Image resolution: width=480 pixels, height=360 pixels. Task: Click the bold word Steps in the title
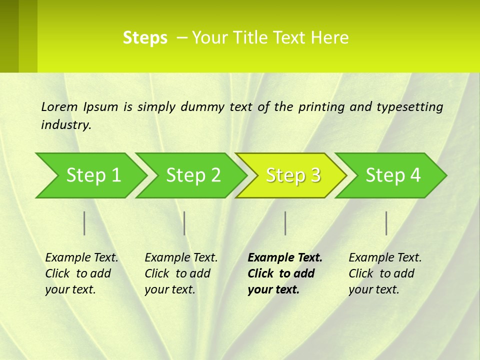click(145, 38)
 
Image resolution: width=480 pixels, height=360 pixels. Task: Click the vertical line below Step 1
click(84, 223)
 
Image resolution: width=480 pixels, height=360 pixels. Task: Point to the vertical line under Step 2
click(184, 223)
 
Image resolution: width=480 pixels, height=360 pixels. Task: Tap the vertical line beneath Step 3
click(285, 223)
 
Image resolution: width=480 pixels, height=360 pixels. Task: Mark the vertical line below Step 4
click(386, 223)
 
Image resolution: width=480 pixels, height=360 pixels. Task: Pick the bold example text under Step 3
click(284, 273)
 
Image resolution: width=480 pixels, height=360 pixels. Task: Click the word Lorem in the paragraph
click(59, 107)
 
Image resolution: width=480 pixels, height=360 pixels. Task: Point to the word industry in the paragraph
click(65, 125)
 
